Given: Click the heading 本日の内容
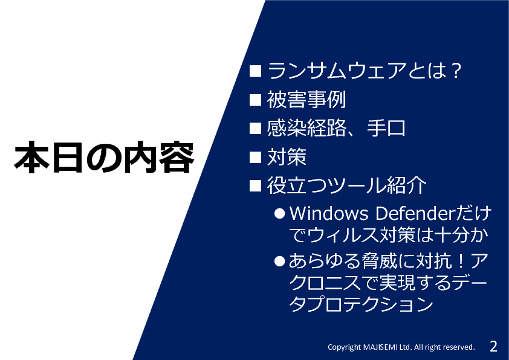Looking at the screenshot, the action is tap(104, 156).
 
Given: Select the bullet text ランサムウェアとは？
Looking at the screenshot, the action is tap(365, 71).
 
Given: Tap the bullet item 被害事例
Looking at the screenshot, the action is tap(306, 99).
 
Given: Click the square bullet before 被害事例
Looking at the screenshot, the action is tap(256, 100).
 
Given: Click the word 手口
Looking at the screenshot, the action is tap(386, 128).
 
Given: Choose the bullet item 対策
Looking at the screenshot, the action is tap(287, 156).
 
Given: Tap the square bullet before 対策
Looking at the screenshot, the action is tap(256, 157).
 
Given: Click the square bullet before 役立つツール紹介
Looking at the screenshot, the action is tap(256, 186).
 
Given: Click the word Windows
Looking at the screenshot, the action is tap(329, 213).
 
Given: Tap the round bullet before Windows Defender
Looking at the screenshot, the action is tap(279, 213).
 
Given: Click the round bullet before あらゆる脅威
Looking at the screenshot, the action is tap(279, 261).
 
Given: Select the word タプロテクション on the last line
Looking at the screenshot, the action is tap(361, 304).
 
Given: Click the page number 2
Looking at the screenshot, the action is tap(493, 346).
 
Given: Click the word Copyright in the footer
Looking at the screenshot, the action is tap(344, 347).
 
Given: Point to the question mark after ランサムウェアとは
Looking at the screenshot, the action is tap(455, 71).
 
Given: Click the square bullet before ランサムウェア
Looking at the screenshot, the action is tap(256, 71).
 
